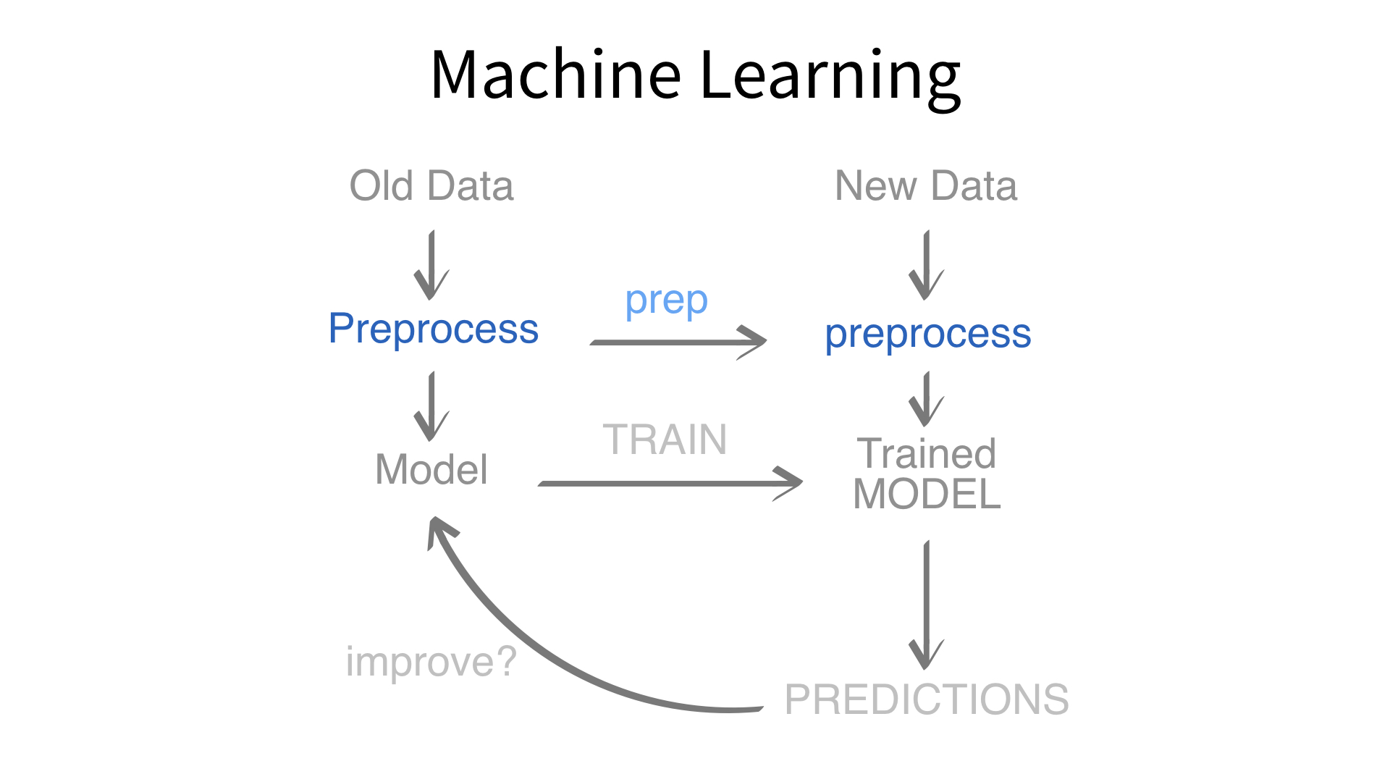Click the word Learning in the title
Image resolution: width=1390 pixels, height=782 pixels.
tap(830, 77)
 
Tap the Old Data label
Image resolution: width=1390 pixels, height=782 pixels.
tap(431, 186)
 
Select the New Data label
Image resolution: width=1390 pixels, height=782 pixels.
tap(926, 186)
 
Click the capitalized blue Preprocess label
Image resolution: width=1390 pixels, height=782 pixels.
tap(433, 329)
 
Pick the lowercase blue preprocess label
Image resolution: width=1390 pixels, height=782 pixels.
tap(928, 335)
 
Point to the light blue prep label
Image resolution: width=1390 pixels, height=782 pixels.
tap(666, 301)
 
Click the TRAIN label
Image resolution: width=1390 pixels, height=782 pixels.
tap(665, 440)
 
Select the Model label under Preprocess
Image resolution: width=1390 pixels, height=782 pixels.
tap(431, 469)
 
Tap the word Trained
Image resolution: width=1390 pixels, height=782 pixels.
tap(927, 454)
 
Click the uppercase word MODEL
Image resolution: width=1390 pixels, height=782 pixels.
tap(927, 495)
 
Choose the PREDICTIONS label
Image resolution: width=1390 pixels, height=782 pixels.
tap(927, 699)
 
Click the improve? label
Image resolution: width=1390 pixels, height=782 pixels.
tap(431, 662)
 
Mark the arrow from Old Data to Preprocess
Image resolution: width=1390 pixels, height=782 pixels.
tap(432, 265)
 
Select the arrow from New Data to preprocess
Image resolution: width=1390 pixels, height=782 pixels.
tap(927, 265)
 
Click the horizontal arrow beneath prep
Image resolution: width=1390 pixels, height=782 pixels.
tap(678, 342)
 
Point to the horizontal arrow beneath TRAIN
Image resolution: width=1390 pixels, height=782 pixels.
tap(670, 483)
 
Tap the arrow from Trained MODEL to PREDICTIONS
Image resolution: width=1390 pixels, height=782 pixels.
tap(927, 605)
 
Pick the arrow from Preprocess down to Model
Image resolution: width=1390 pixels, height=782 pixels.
tap(432, 406)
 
